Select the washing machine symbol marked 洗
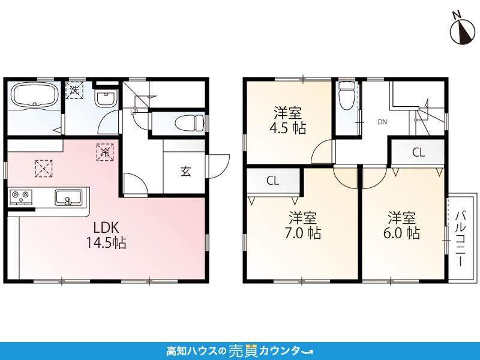point(74,90)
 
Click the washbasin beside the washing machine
point(106,98)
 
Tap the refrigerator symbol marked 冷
point(105,152)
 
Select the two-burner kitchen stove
point(21,197)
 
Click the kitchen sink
point(68,197)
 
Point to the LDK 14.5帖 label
point(106,235)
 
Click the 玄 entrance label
point(185,172)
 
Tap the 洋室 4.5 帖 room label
point(288,121)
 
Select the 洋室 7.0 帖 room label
point(303,226)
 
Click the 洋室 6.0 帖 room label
point(401,226)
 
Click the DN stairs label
point(382,122)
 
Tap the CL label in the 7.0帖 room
point(272,181)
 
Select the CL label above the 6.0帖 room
point(418,152)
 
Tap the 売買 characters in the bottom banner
point(244,350)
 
